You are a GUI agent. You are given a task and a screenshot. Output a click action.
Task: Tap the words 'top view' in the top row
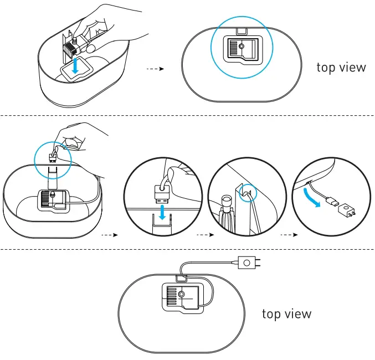click(341, 68)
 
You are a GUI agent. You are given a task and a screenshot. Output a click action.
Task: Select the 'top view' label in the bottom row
click(286, 314)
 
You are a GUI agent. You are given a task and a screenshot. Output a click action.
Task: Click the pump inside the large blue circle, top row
click(240, 48)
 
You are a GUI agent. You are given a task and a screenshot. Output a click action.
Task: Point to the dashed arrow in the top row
click(155, 69)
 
